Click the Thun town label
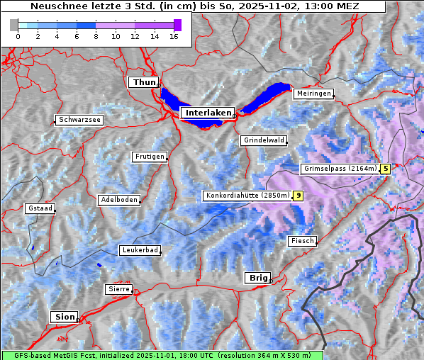[x=144, y=83]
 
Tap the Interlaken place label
[x=207, y=113]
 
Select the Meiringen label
[x=313, y=94]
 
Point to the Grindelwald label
[x=264, y=140]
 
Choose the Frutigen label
[x=149, y=157]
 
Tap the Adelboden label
[x=118, y=200]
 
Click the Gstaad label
[x=40, y=208]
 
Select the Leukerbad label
[x=140, y=250]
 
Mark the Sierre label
[x=118, y=289]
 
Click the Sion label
[x=63, y=317]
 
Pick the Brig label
[x=257, y=278]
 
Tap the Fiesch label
[x=301, y=241]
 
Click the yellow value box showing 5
[x=385, y=169]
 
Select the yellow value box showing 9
[x=299, y=196]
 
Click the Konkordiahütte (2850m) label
[x=247, y=196]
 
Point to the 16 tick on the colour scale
[x=173, y=36]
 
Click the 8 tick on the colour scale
[x=95, y=36]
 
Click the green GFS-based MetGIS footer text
[x=162, y=355]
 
